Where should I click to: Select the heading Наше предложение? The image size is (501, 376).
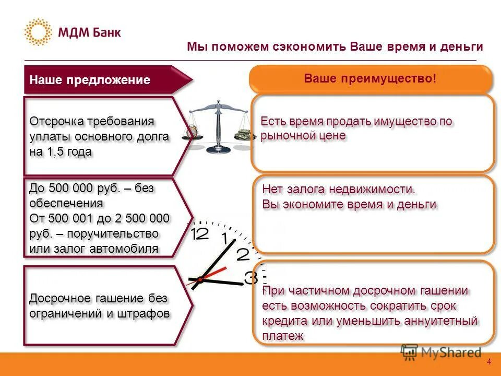pyautogui.click(x=90, y=80)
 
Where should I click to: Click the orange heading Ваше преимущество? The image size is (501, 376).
pyautogui.click(x=369, y=78)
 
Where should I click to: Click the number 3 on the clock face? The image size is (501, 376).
pyautogui.click(x=250, y=277)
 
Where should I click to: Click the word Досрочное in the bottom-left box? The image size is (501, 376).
pyautogui.click(x=58, y=299)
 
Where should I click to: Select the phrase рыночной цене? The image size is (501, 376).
pyautogui.click(x=303, y=136)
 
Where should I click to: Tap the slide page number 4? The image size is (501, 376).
pyautogui.click(x=489, y=362)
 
